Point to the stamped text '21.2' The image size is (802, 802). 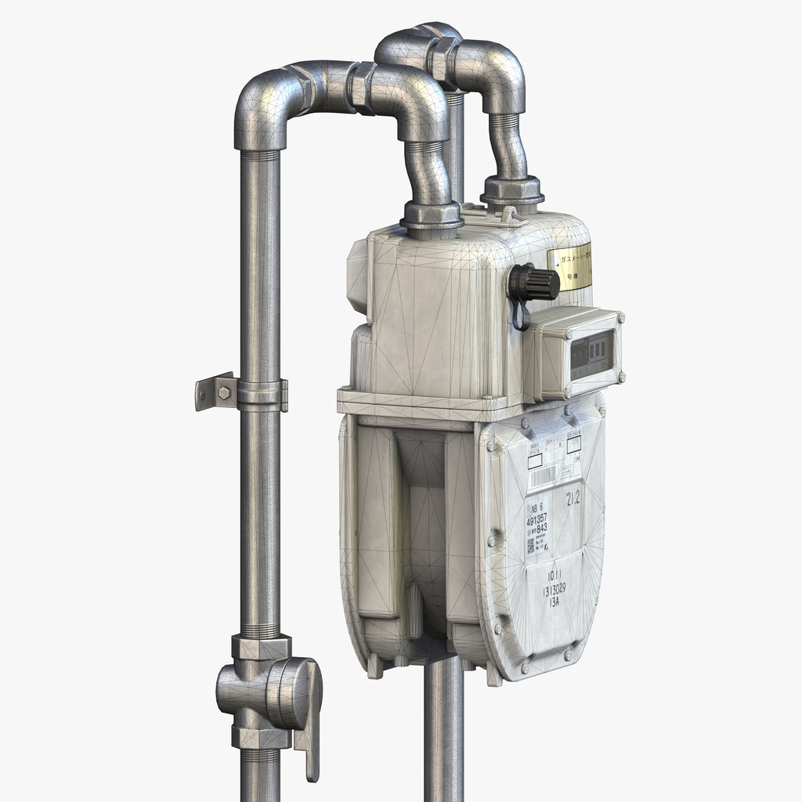(x=573, y=497)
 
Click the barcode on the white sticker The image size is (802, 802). (x=545, y=475)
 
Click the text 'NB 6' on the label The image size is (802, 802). (x=536, y=507)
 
